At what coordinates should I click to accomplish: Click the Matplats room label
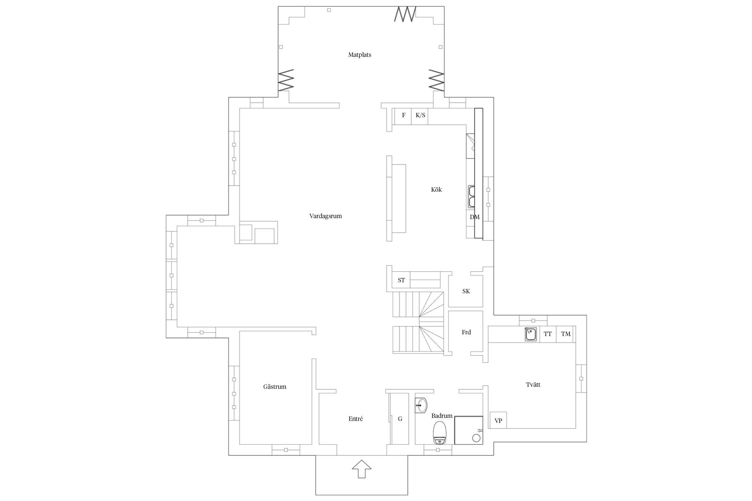(x=360, y=55)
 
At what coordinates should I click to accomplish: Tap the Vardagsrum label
(x=326, y=216)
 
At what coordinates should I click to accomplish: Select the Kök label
(x=436, y=190)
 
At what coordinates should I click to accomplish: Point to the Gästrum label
(x=275, y=387)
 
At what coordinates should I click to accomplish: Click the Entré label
(x=356, y=419)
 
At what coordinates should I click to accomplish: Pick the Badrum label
(x=442, y=416)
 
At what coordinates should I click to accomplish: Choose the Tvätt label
(x=533, y=385)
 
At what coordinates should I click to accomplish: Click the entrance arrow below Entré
(x=362, y=469)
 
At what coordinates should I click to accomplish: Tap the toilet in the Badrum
(x=440, y=433)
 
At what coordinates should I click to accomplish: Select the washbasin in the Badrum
(x=421, y=405)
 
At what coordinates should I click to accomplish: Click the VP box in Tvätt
(x=498, y=420)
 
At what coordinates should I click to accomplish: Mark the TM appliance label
(x=566, y=334)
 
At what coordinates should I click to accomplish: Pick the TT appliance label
(x=547, y=334)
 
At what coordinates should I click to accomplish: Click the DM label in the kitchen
(x=475, y=217)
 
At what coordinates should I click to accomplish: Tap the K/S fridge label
(x=420, y=115)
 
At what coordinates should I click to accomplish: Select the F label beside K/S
(x=404, y=115)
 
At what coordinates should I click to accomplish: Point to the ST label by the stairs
(x=401, y=280)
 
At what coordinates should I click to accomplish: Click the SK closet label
(x=466, y=291)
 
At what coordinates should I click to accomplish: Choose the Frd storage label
(x=466, y=332)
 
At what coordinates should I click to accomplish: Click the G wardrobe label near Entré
(x=400, y=419)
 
